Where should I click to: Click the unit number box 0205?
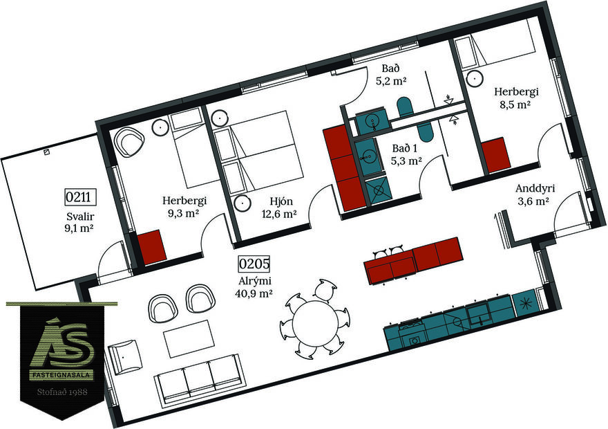(254, 264)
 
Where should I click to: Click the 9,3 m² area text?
(183, 214)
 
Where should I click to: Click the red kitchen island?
(413, 260)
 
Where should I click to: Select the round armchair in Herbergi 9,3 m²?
(129, 142)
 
